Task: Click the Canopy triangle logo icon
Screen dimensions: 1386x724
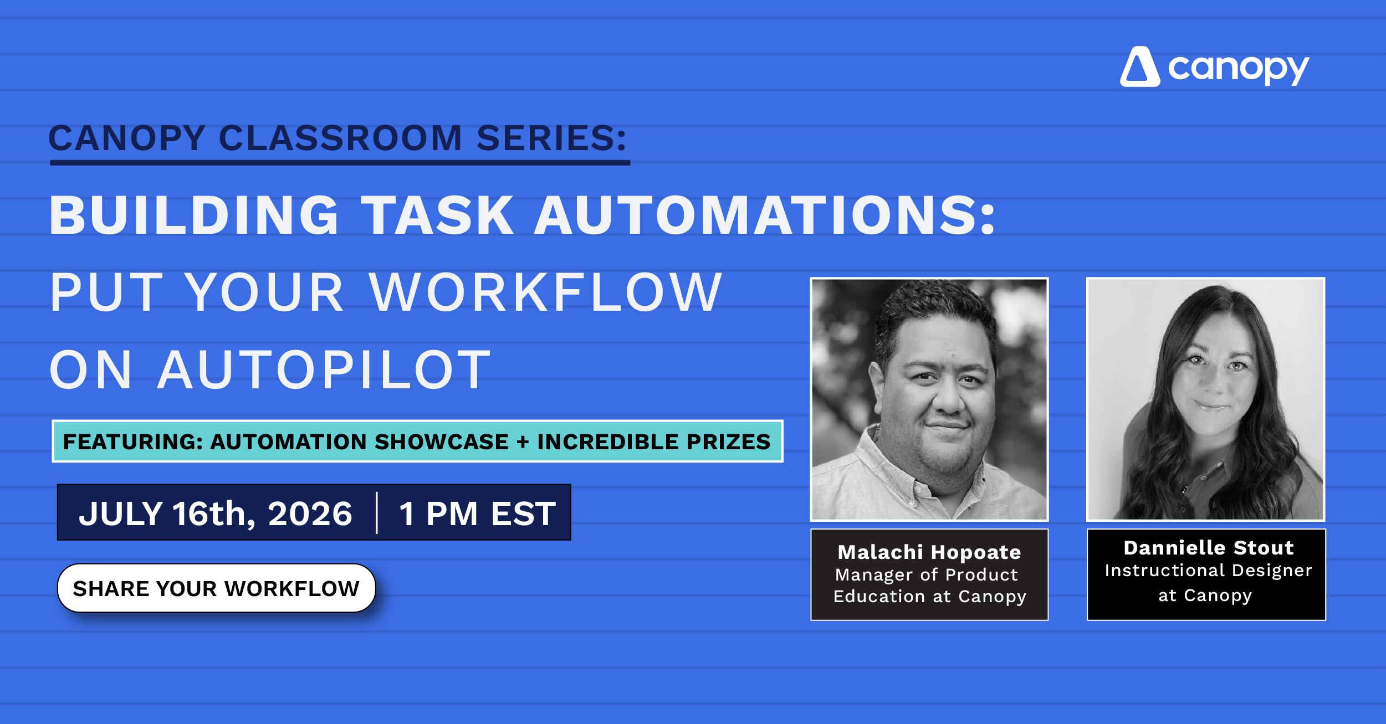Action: coord(1140,67)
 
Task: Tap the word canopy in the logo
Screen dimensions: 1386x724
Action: coord(1239,69)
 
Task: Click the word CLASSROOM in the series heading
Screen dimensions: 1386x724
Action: coord(340,138)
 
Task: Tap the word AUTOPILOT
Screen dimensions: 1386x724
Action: coord(324,369)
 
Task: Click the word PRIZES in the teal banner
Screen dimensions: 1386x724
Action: coord(729,441)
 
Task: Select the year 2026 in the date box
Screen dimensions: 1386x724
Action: coord(310,513)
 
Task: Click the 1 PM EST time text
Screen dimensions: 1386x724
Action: coord(477,513)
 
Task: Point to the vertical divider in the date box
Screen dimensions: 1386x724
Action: coord(377,512)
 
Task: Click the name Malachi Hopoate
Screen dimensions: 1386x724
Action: coord(929,552)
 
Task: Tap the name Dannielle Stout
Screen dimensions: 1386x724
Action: coord(1209,548)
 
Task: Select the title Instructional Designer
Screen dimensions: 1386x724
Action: coord(1209,571)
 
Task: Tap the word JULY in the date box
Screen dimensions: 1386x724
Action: coord(121,513)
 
